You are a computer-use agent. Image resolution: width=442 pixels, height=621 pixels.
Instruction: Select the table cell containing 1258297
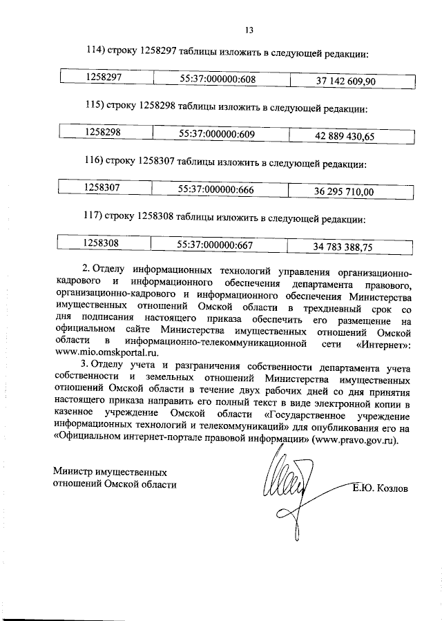pyautogui.click(x=104, y=79)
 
